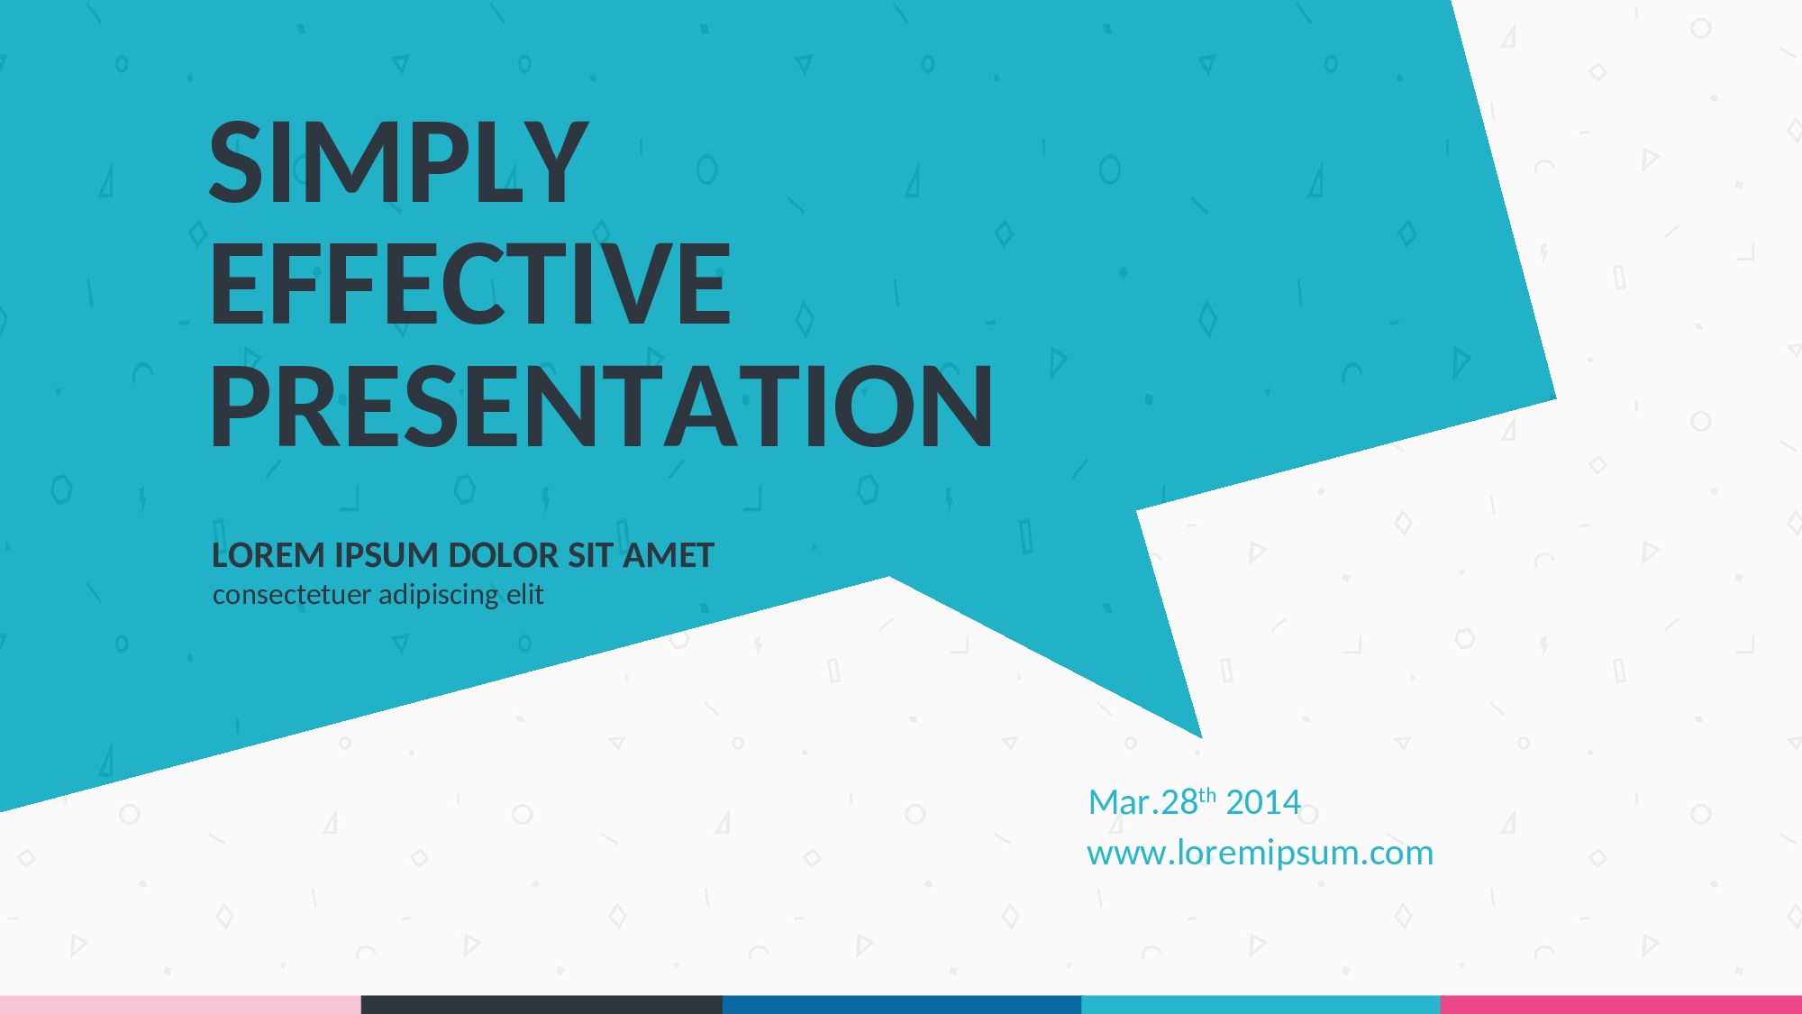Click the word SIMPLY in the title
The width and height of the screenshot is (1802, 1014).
tap(398, 162)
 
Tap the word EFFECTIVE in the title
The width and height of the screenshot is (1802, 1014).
tap(470, 284)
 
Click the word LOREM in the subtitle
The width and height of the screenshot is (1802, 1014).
tap(268, 555)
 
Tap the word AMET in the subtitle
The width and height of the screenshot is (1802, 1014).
tap(669, 555)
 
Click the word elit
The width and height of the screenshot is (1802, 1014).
tap(524, 594)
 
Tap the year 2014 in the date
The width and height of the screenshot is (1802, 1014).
tap(1263, 802)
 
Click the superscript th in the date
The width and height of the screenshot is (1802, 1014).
tap(1207, 795)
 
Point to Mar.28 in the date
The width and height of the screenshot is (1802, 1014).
tap(1143, 802)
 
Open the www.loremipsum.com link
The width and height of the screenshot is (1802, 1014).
tap(1260, 853)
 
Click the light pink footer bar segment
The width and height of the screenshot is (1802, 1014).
tap(180, 1005)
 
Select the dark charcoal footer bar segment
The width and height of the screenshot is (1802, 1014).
tap(542, 1005)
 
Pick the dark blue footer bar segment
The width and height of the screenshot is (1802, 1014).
tap(902, 1005)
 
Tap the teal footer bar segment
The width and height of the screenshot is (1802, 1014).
tap(1260, 1005)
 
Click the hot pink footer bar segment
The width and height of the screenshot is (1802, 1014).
tap(1621, 1005)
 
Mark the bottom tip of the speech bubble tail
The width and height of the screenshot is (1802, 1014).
tap(1202, 738)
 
